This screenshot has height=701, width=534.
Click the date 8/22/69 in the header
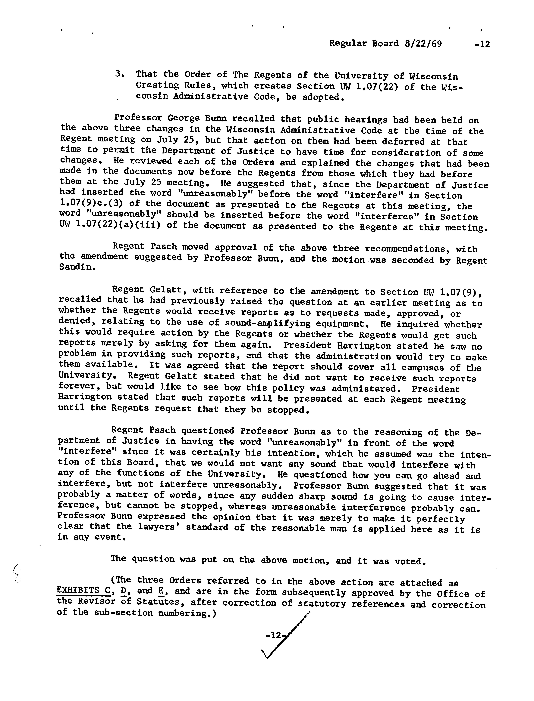423,44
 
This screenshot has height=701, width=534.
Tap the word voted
410,561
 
